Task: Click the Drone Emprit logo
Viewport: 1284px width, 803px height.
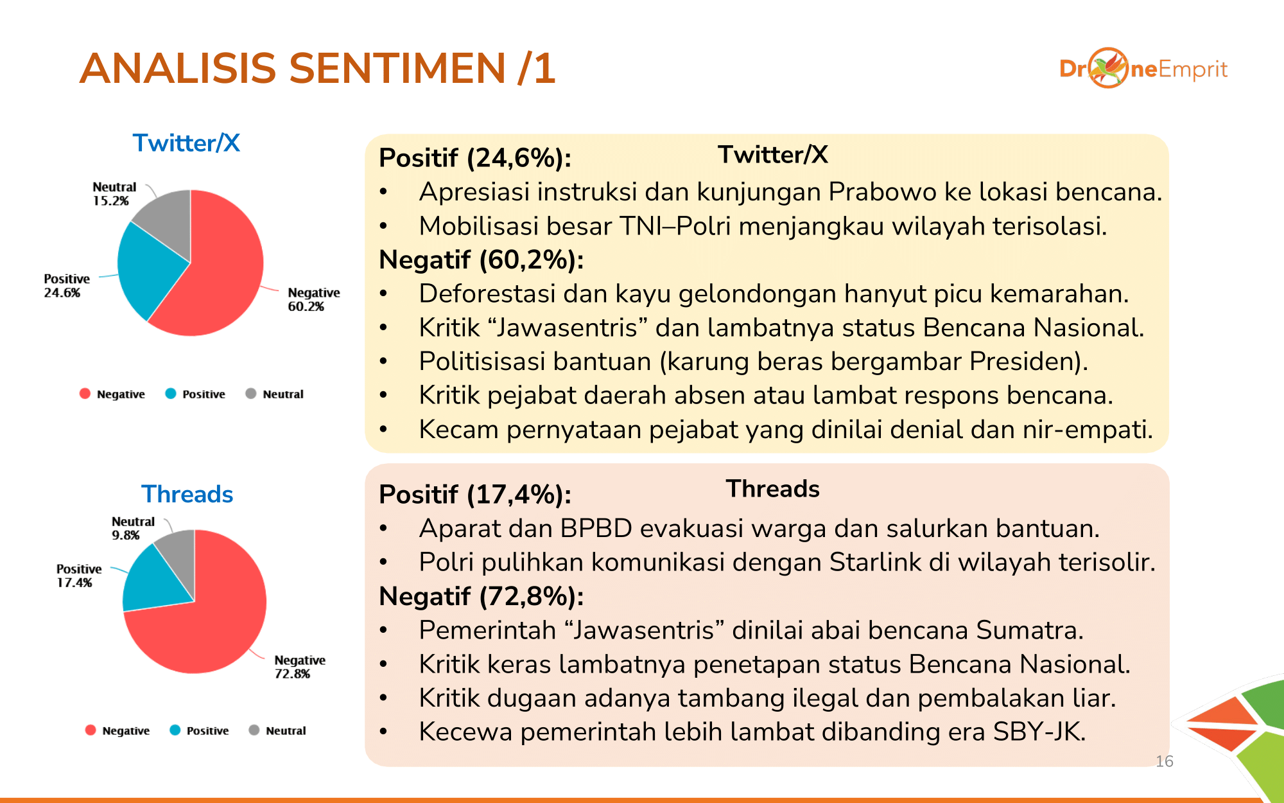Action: [1143, 68]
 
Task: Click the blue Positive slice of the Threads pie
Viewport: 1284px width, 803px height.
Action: [151, 581]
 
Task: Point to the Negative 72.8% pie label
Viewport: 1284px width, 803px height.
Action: [299, 667]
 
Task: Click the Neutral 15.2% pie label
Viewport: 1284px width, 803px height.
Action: [114, 193]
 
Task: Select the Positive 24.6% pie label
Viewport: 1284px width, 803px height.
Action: [66, 285]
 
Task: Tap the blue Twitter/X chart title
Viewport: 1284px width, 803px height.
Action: [186, 143]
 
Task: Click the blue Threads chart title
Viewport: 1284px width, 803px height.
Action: [187, 494]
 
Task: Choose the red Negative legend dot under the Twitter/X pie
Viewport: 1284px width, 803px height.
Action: [85, 394]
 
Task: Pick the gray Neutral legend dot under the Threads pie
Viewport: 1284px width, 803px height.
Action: [254, 730]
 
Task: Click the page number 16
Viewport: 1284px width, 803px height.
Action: [1164, 761]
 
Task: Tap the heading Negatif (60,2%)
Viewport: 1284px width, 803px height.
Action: [481, 260]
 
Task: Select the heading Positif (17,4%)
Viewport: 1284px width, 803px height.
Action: [475, 495]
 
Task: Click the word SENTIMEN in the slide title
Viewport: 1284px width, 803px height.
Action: [397, 68]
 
